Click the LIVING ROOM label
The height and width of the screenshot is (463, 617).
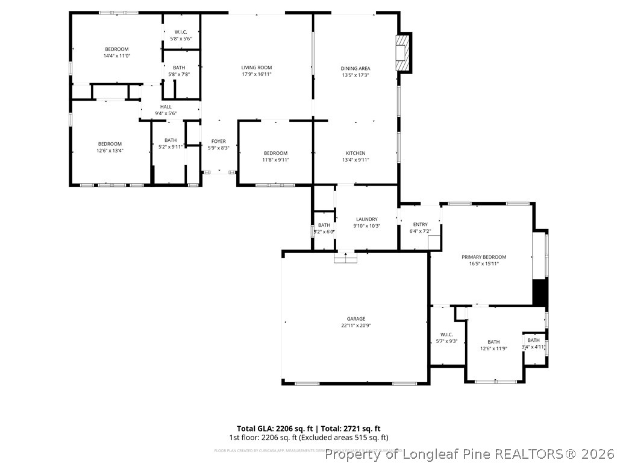(x=257, y=68)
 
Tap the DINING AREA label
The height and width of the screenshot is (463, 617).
(x=355, y=68)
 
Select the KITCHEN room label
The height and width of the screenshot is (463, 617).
(x=355, y=153)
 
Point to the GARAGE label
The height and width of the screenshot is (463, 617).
(x=355, y=319)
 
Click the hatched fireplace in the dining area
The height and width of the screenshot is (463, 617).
(x=401, y=52)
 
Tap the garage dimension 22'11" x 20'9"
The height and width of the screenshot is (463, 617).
(x=355, y=326)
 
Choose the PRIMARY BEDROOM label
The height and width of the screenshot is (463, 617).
(x=484, y=257)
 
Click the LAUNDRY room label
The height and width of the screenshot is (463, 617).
(x=366, y=219)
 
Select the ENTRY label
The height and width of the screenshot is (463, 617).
(x=420, y=224)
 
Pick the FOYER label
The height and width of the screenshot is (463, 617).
(x=218, y=141)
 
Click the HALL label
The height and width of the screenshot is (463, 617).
(x=166, y=107)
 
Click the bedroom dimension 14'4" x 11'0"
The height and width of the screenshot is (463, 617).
(x=117, y=55)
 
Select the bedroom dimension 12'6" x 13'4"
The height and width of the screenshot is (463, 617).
(x=110, y=150)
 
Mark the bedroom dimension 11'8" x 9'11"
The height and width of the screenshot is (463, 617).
(x=275, y=160)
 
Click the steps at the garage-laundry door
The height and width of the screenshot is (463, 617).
(x=346, y=258)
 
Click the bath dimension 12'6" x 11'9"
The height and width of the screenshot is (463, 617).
(x=493, y=348)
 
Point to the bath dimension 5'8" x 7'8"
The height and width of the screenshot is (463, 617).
(x=179, y=74)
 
